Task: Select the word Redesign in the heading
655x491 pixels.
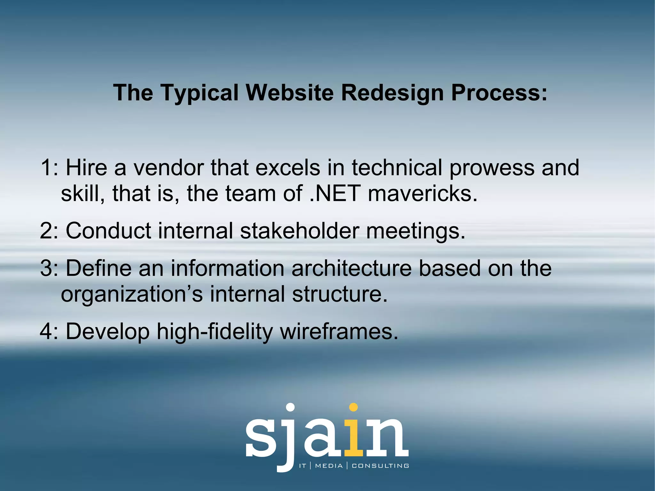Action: point(392,93)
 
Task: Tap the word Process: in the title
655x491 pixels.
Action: point(499,93)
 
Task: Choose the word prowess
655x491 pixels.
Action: point(492,168)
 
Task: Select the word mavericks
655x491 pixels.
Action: point(422,194)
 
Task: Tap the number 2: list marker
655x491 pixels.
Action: point(50,230)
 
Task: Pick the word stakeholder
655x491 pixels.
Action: point(299,230)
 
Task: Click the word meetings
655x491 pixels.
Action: point(415,231)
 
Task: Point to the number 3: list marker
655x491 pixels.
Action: point(50,268)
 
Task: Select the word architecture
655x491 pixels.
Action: point(351,268)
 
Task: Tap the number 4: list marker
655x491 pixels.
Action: point(50,331)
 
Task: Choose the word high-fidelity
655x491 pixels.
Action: point(214,332)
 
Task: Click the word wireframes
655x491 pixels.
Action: point(339,331)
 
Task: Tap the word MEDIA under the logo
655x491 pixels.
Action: point(329,466)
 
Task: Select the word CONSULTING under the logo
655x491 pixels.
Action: point(380,466)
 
